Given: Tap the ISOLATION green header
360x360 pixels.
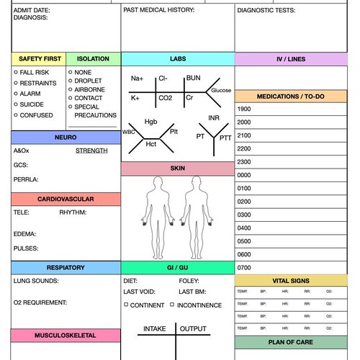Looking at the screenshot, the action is coord(93,58).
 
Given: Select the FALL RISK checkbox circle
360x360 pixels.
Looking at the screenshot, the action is coord(16,73).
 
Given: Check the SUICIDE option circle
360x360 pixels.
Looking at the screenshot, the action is coord(16,104).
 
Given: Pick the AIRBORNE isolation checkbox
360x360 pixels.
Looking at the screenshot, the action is coord(70,89).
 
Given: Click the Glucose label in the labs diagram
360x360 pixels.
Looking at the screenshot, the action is coord(220,90).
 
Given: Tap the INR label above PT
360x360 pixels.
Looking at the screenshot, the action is coord(214,118).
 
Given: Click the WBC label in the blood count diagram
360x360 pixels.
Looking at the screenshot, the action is coord(129,132).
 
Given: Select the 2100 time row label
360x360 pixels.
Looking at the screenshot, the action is coord(244,135).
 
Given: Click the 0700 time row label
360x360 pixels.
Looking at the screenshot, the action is coord(244,267).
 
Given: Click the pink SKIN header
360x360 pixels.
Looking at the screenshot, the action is coord(177,168).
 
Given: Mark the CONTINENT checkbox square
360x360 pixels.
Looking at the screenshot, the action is coord(126,305).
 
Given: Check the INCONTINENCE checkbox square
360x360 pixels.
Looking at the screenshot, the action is coord(172,305).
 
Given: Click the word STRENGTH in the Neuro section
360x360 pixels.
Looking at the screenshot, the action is coord(91,150).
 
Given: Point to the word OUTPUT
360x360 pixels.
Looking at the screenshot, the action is coord(193,329).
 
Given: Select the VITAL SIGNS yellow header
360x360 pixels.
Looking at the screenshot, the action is coord(292,281).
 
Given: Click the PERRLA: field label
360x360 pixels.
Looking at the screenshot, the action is coord(26,179).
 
